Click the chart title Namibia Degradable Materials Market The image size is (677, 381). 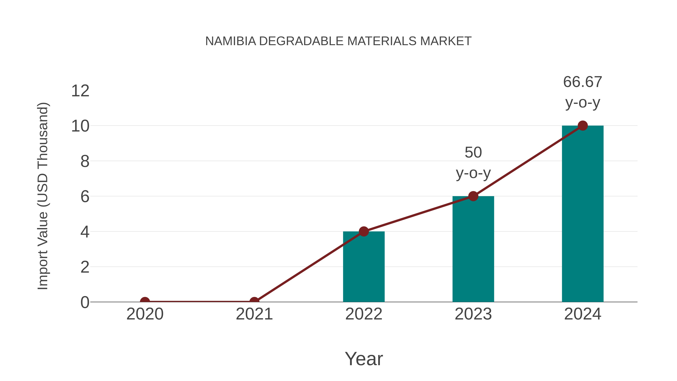click(x=338, y=41)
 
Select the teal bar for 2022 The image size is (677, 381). click(x=364, y=267)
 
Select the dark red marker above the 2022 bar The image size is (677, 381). click(x=364, y=231)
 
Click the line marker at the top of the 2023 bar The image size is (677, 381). click(x=473, y=196)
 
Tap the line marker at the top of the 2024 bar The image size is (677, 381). click(x=583, y=126)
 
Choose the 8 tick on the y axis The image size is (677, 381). click(x=85, y=161)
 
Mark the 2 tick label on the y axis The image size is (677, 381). click(x=85, y=267)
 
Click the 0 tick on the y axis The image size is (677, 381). click(x=85, y=302)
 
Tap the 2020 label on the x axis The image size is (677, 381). click(x=145, y=314)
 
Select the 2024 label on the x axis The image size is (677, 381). click(x=583, y=314)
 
